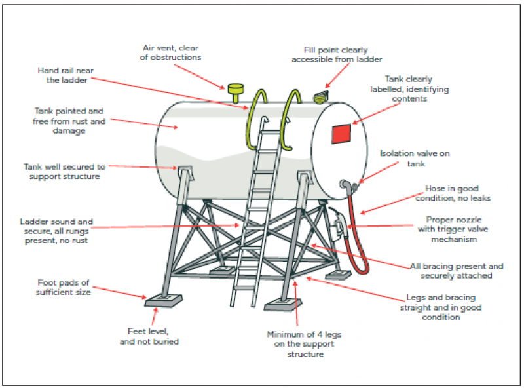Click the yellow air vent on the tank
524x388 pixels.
click(236, 92)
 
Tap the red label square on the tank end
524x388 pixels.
click(341, 134)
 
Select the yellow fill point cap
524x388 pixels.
click(321, 96)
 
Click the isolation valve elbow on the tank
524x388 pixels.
click(348, 185)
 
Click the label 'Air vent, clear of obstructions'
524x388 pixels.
click(170, 52)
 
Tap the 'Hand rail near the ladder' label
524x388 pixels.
click(65, 75)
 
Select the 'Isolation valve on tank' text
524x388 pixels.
click(415, 159)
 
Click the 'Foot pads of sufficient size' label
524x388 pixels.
click(64, 287)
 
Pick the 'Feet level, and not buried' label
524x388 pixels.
click(149, 336)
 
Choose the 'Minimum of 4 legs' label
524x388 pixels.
click(304, 344)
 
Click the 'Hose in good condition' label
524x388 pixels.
click(453, 193)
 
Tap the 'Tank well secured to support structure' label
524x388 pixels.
click(64, 172)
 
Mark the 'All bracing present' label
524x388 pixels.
click(457, 271)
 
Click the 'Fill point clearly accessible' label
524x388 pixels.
click(337, 54)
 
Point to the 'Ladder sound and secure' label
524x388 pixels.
click(56, 231)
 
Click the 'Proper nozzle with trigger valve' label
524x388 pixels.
click(453, 229)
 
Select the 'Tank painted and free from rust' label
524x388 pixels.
click(69, 121)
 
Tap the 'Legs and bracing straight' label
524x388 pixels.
click(441, 307)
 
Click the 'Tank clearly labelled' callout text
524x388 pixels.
click(409, 89)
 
